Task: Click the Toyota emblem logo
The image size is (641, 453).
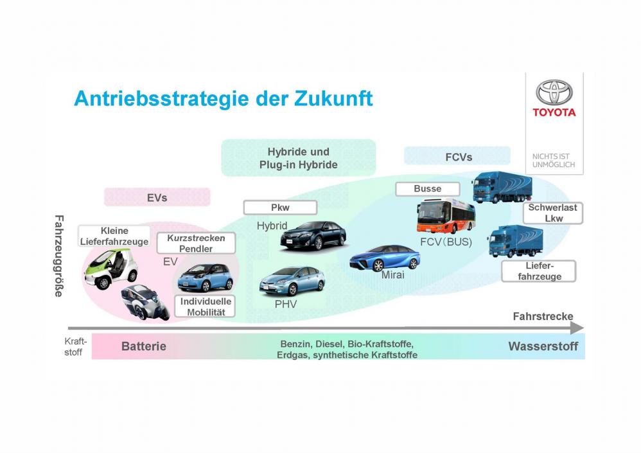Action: click(x=554, y=93)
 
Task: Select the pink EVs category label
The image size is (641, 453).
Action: click(x=157, y=197)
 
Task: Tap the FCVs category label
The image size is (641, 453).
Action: click(x=458, y=157)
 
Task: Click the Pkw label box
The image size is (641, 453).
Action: click(x=279, y=208)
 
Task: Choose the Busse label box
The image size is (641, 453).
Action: click(x=427, y=189)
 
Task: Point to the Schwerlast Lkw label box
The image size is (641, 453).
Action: click(x=552, y=213)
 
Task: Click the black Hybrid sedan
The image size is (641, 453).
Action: click(x=313, y=235)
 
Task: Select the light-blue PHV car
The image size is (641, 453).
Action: click(x=292, y=281)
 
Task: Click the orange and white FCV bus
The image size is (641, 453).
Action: click(x=446, y=217)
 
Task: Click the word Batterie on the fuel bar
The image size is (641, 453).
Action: click(x=144, y=346)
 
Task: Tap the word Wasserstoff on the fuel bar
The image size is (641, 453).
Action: click(x=543, y=346)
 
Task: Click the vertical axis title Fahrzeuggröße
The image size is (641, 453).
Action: click(x=58, y=255)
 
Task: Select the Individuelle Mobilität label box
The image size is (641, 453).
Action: click(x=205, y=306)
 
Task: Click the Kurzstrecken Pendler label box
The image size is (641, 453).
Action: click(x=196, y=243)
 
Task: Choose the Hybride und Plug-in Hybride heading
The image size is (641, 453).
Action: click(x=298, y=158)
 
